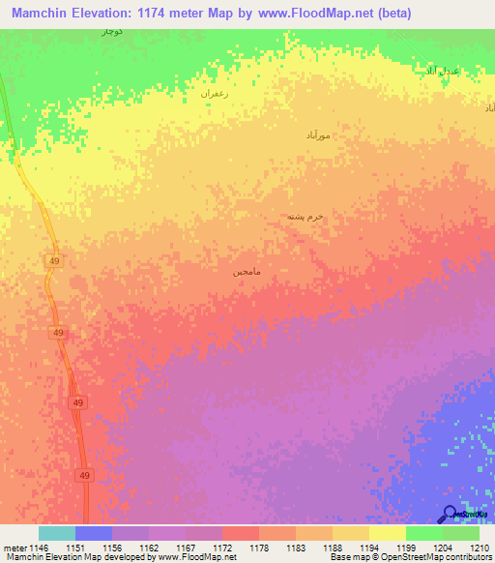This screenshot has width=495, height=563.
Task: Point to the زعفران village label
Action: tap(213, 94)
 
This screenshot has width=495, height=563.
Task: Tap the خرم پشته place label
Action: tap(304, 217)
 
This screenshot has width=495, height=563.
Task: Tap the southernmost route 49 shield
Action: tap(84, 475)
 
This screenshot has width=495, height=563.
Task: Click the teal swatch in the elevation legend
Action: tap(57, 533)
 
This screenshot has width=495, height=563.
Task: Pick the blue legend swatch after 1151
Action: tap(94, 533)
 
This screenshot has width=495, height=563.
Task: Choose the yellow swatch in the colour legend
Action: tap(387, 533)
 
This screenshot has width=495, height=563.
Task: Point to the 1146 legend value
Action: tap(40, 548)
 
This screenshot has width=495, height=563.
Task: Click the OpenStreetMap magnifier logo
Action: tap(449, 513)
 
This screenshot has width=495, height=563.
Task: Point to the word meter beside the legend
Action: tap(15, 548)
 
